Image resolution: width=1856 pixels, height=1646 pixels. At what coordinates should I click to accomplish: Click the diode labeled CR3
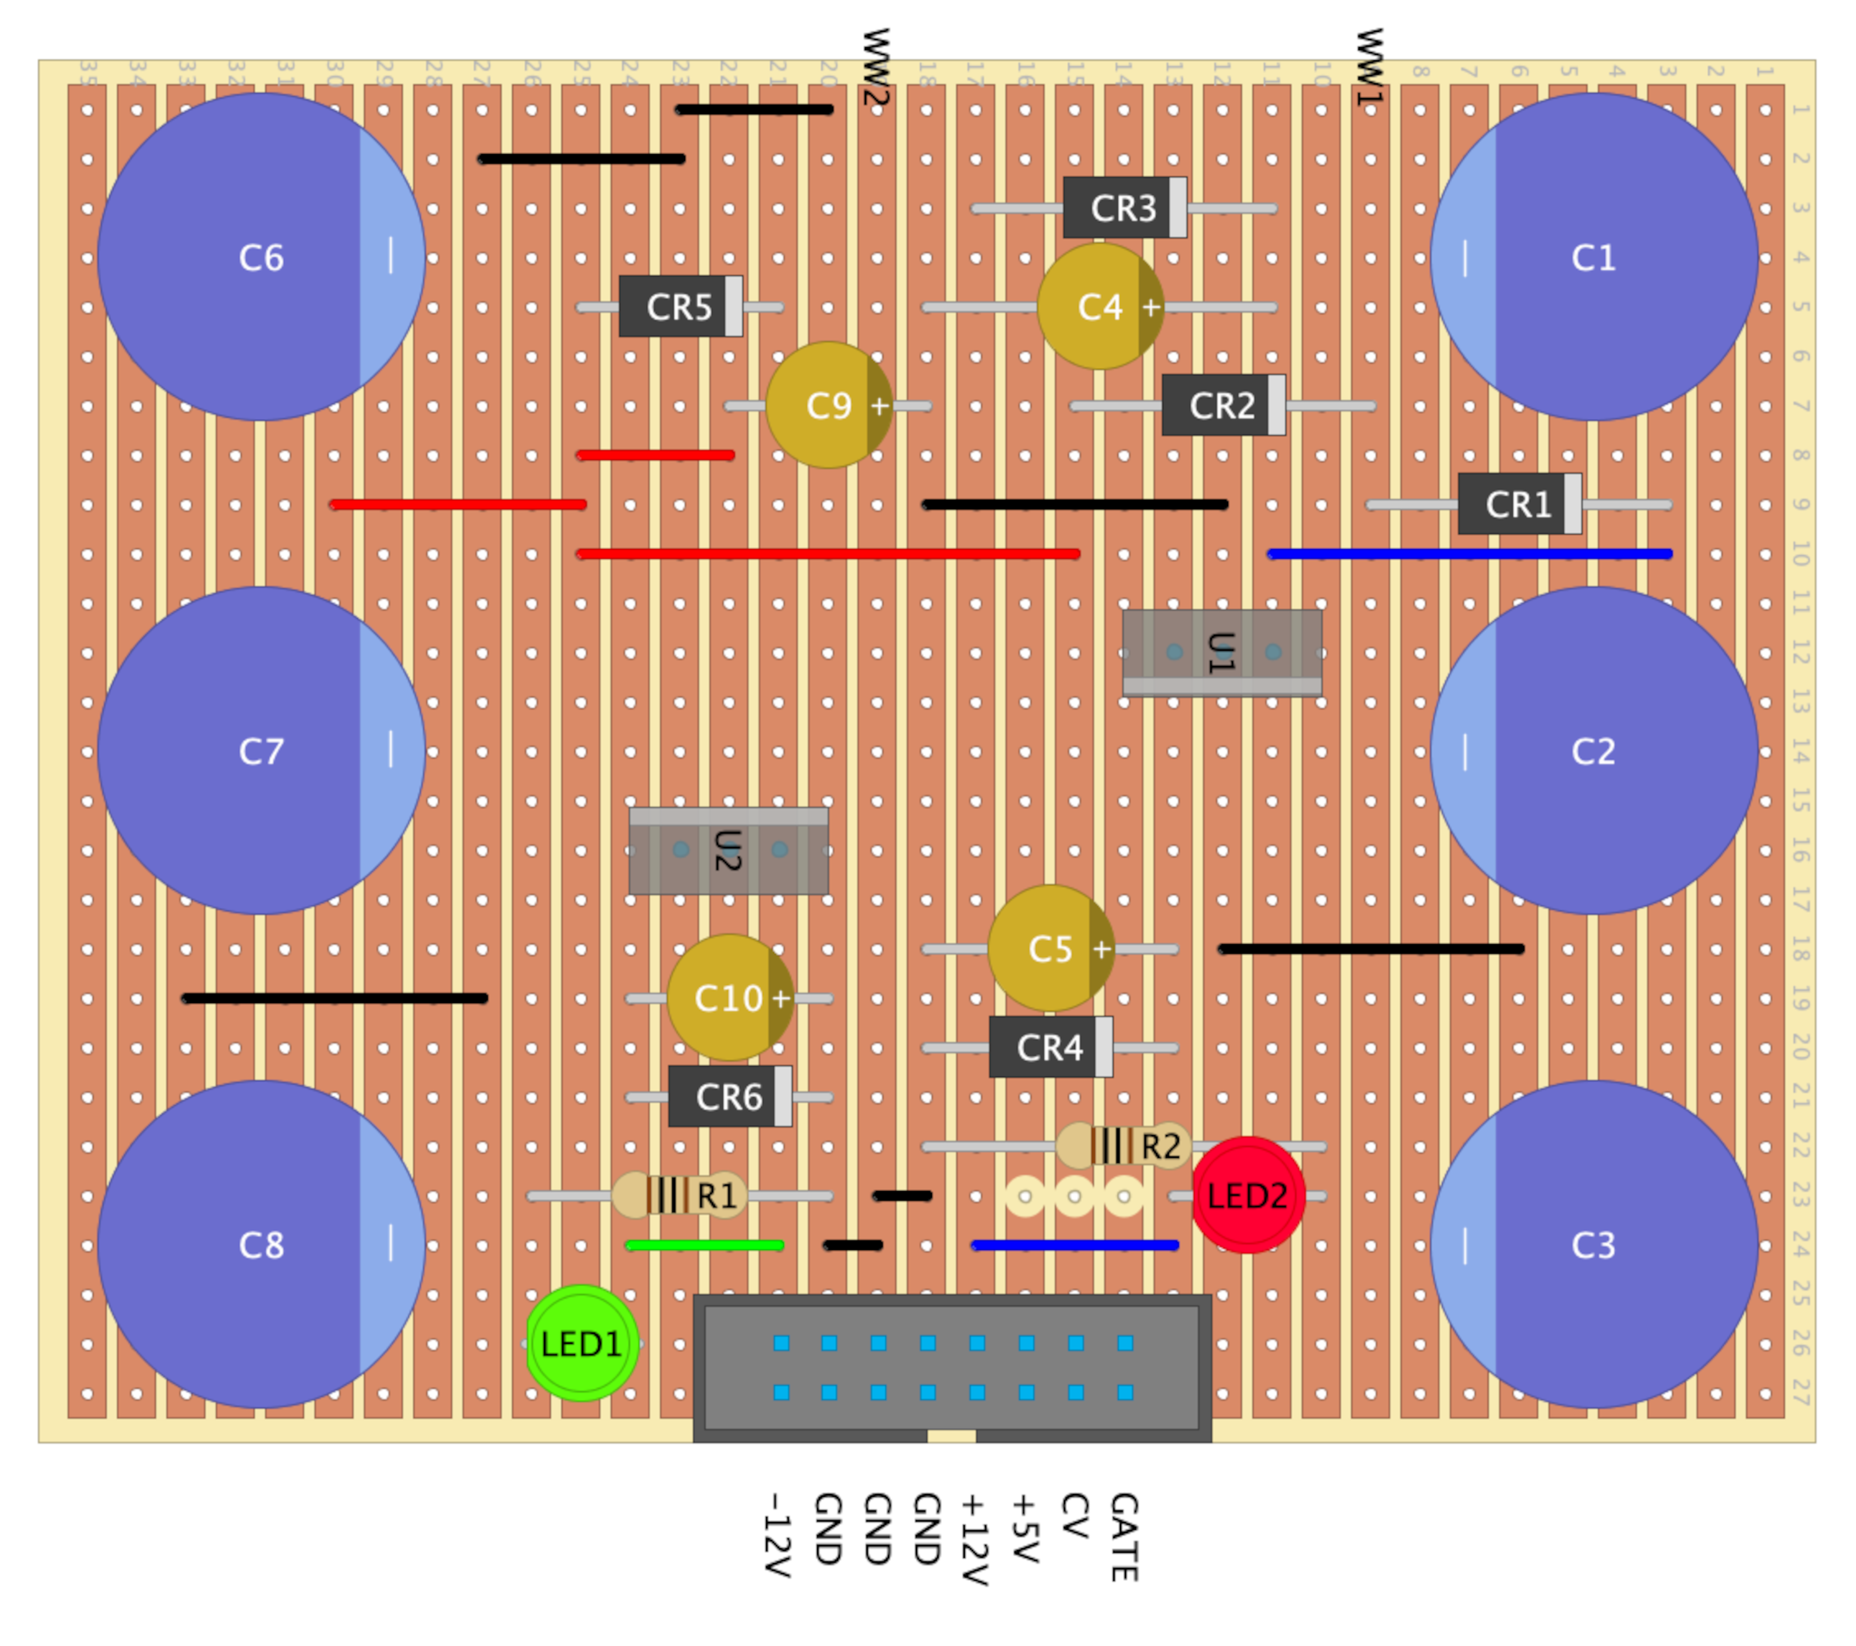click(x=1124, y=208)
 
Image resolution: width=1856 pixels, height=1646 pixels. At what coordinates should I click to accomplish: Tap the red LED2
click(x=1248, y=1196)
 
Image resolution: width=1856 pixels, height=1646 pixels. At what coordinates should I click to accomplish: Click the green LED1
click(x=581, y=1344)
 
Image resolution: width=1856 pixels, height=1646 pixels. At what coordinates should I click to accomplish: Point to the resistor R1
click(x=678, y=1196)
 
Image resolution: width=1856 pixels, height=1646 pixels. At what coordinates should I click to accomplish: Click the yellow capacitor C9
click(x=828, y=405)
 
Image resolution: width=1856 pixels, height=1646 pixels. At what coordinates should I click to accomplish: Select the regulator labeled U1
click(x=1221, y=652)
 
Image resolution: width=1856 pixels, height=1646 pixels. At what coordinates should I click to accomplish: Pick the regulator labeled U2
click(x=728, y=850)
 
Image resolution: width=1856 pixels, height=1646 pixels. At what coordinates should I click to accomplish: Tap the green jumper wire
click(x=705, y=1245)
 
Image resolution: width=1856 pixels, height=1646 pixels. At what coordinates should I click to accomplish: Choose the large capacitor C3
click(x=1594, y=1244)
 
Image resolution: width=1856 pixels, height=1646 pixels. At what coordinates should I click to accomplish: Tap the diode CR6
click(x=729, y=1096)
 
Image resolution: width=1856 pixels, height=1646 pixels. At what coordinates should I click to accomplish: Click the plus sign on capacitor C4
click(x=1151, y=307)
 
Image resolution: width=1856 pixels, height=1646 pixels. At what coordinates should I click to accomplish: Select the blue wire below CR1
click(x=1469, y=553)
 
